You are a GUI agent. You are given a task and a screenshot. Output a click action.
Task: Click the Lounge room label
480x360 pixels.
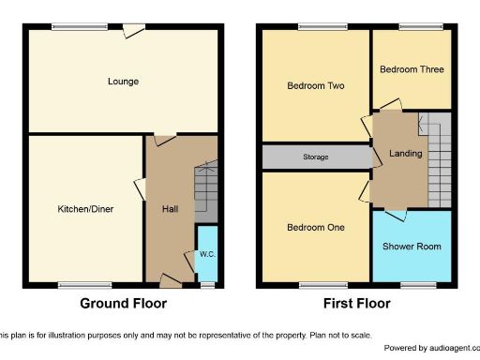click(123, 82)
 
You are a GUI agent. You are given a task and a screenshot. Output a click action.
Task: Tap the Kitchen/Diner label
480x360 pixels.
click(85, 209)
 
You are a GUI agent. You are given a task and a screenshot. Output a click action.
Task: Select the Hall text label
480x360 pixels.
click(170, 209)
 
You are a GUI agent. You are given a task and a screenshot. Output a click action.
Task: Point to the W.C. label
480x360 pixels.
click(207, 254)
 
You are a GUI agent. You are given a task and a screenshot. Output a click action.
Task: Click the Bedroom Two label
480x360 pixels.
click(315, 86)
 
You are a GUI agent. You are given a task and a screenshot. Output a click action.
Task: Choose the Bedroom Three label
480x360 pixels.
click(412, 69)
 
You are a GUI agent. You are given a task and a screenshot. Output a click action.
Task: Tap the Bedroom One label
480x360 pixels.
click(315, 228)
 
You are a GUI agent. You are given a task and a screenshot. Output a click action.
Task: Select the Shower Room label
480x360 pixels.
click(412, 247)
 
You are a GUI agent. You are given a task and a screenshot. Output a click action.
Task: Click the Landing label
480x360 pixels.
click(405, 154)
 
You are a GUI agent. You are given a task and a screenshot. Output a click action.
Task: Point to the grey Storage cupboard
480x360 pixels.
click(316, 157)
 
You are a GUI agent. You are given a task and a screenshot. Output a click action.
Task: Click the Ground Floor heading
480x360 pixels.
click(123, 304)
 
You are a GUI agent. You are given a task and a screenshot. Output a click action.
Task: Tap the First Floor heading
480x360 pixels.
click(357, 304)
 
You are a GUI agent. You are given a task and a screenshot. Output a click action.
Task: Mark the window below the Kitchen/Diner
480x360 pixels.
click(77, 284)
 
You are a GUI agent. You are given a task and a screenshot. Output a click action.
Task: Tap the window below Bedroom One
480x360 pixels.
click(315, 284)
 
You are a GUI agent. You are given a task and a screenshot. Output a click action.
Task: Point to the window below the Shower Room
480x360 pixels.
click(413, 284)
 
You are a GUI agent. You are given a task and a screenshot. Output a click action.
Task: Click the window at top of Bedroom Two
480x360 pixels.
click(314, 26)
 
